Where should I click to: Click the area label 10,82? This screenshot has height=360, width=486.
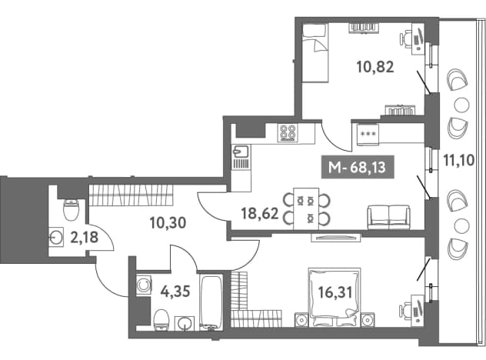(375, 67)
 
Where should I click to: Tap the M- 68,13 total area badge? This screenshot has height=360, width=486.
(358, 167)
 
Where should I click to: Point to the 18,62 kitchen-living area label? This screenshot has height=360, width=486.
(260, 214)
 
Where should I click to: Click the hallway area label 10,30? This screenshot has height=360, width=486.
(168, 222)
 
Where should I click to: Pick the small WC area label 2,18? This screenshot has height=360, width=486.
(85, 238)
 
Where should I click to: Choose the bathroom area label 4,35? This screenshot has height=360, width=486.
(175, 292)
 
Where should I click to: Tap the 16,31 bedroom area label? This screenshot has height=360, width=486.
(335, 292)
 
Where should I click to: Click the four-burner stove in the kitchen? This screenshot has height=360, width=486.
(288, 133)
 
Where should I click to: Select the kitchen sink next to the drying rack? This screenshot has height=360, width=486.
(241, 152)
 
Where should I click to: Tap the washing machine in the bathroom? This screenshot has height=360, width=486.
(144, 285)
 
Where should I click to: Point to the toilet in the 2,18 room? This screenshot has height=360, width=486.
(71, 209)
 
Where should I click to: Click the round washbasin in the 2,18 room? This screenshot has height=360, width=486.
(56, 238)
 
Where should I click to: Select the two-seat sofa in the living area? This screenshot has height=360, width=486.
(388, 217)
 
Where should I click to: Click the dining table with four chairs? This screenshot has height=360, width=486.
(306, 208)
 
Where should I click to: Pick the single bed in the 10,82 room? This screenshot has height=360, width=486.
(315, 53)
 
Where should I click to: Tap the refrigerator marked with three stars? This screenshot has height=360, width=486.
(368, 134)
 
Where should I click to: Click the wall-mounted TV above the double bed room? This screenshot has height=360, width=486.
(336, 238)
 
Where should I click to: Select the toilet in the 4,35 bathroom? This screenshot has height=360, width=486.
(161, 320)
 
